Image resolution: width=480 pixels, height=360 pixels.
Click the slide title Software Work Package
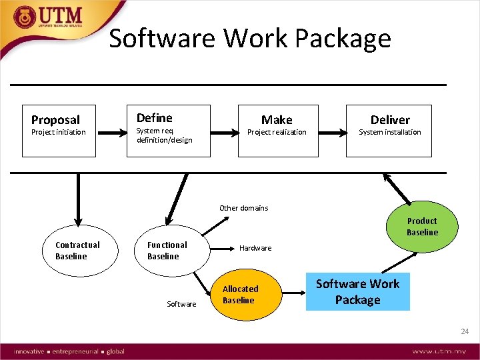(x=250, y=39)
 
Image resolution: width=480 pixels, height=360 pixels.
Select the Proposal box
(x=59, y=131)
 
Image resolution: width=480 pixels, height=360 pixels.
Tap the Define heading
(x=154, y=118)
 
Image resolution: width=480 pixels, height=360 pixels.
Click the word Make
(x=277, y=120)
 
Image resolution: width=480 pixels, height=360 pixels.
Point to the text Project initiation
(x=59, y=132)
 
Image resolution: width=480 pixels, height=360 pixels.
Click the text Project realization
(x=277, y=132)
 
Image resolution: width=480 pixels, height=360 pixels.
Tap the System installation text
(x=390, y=132)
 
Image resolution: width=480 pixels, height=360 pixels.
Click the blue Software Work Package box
(x=357, y=292)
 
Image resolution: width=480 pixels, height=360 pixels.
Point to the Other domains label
(x=244, y=208)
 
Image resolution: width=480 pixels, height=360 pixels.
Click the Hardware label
(x=255, y=248)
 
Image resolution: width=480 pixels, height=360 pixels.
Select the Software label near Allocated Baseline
(x=181, y=304)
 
